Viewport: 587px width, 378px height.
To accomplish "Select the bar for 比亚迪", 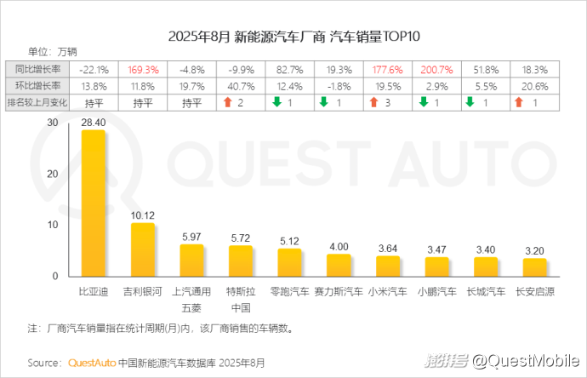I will click(x=94, y=203).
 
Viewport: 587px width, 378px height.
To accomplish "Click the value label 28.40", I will click(x=94, y=123).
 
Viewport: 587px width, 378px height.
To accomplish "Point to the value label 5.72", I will click(x=241, y=238).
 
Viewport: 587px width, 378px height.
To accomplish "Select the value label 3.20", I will click(x=535, y=251).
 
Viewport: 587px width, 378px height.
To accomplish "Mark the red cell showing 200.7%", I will click(x=436, y=69).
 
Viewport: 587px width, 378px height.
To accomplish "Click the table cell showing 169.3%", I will click(x=143, y=69).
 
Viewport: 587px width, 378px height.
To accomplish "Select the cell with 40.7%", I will click(x=241, y=86).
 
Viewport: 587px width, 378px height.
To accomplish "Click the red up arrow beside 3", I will click(x=374, y=102).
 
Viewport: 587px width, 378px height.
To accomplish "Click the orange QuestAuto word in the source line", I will click(x=91, y=363).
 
